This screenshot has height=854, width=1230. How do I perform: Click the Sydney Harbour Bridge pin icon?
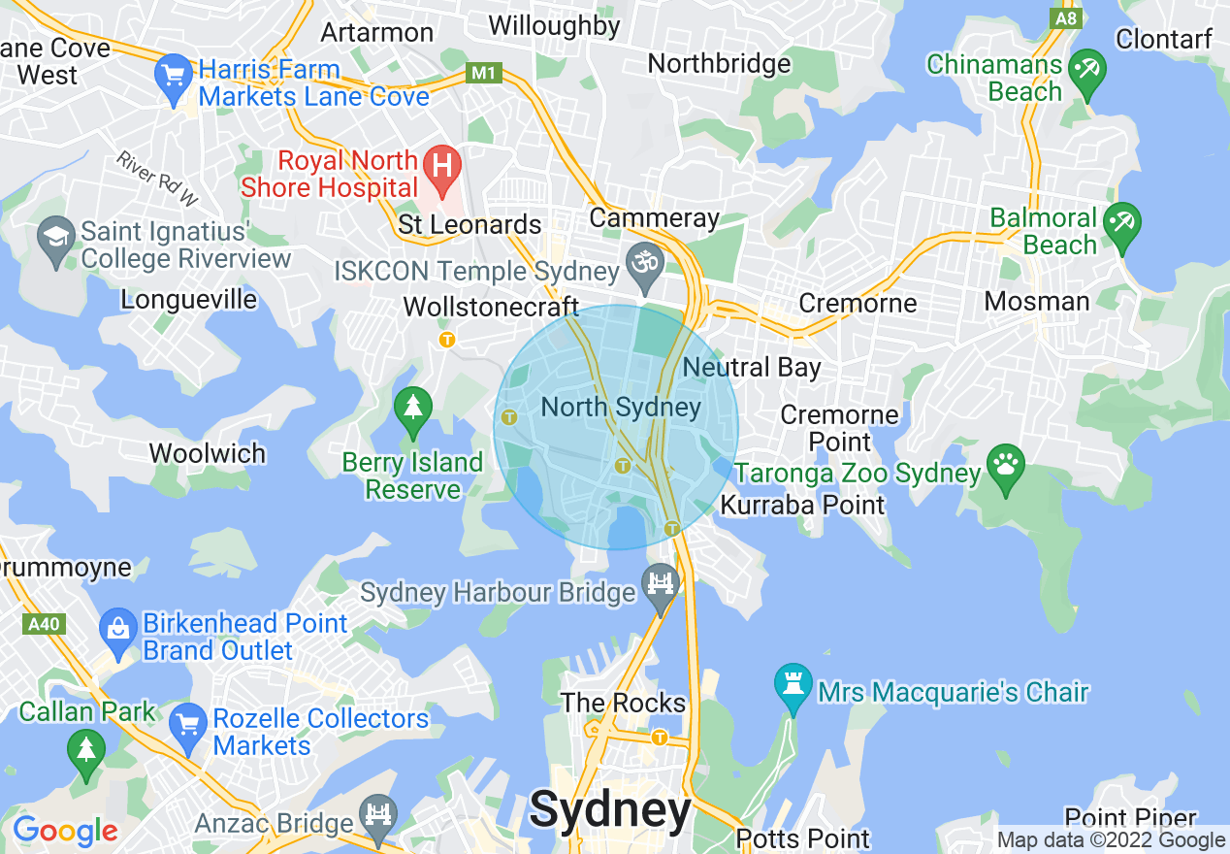point(662,586)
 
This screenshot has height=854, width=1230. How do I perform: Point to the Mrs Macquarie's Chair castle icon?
point(793,687)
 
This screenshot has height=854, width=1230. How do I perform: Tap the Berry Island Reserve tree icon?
point(414,410)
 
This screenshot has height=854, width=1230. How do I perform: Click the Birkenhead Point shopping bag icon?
point(117,632)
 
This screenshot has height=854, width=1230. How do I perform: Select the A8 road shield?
point(1066,18)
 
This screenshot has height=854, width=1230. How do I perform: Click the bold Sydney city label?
point(611,809)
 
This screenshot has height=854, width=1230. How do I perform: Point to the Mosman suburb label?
point(1037,301)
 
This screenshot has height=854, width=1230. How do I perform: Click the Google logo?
point(65,831)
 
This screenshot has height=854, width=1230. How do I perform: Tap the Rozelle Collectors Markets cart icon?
point(187,725)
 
